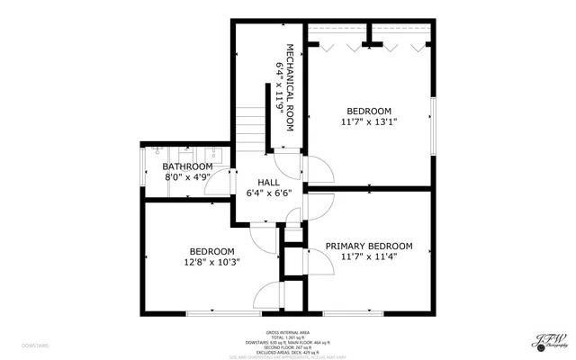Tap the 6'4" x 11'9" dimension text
click(280, 87)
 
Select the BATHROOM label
click(187, 167)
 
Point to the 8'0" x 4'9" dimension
click(187, 178)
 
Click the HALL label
click(269, 183)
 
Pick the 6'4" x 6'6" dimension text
click(269, 193)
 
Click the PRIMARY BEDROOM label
click(369, 246)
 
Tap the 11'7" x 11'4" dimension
click(369, 256)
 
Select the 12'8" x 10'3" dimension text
click(211, 263)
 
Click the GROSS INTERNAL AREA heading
click(287, 332)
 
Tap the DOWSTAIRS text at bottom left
click(35, 345)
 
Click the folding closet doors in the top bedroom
click(369, 44)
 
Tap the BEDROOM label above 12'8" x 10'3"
click(211, 251)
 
